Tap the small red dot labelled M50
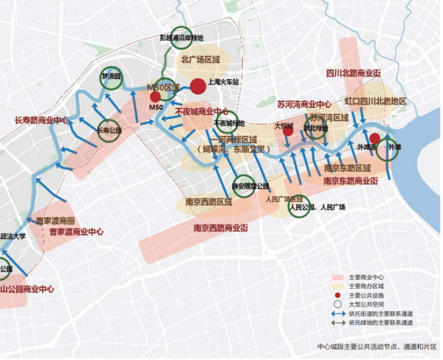click(x=155, y=96)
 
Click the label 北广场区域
click(x=201, y=60)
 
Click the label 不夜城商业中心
click(x=202, y=111)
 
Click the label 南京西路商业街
click(x=221, y=228)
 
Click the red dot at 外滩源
click(x=375, y=138)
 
